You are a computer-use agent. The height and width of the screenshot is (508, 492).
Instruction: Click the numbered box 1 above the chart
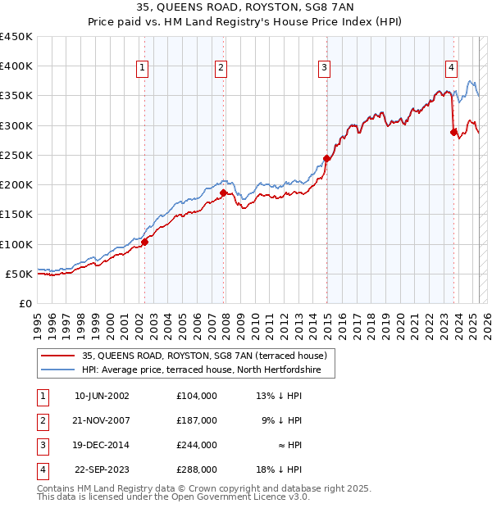pos(143,69)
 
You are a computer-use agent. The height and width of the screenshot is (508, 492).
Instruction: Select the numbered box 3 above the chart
pos(325,69)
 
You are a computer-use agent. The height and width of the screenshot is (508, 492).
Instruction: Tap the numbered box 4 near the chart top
pos(452,69)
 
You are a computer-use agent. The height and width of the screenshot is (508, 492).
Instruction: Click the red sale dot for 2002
pos(144,242)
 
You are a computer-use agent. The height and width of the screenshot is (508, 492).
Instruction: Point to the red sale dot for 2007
pos(223,193)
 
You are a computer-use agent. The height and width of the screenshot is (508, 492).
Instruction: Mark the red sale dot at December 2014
pos(326,158)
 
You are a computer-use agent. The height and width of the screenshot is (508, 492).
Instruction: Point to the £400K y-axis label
pos(16,66)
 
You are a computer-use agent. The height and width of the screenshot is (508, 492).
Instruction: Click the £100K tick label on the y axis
pos(16,244)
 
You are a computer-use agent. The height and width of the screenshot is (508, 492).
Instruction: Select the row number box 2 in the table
pos(41,420)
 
